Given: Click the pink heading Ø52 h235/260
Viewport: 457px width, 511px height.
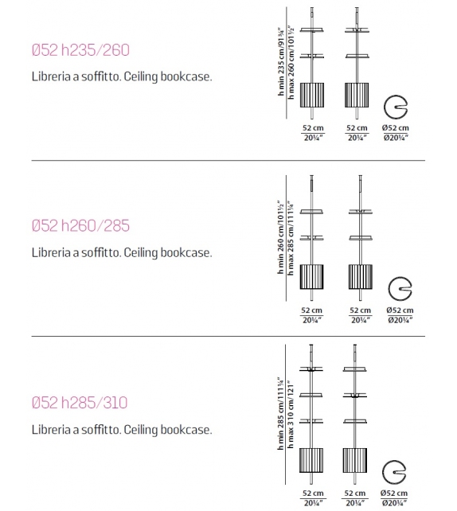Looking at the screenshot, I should pyautogui.click(x=80, y=51).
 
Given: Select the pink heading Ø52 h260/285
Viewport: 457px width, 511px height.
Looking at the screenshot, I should pyautogui.click(x=80, y=226).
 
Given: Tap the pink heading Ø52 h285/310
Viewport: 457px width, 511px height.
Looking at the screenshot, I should pyautogui.click(x=80, y=403).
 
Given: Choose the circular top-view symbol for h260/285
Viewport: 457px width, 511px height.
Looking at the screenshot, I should pyautogui.click(x=398, y=288).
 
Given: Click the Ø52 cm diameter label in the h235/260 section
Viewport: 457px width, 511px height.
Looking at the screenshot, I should pyautogui.click(x=394, y=128).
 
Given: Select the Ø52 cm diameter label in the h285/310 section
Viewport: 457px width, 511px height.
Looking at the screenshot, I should pyautogui.click(x=394, y=493).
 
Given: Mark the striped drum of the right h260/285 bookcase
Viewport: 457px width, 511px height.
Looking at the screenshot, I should pyautogui.click(x=360, y=277).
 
